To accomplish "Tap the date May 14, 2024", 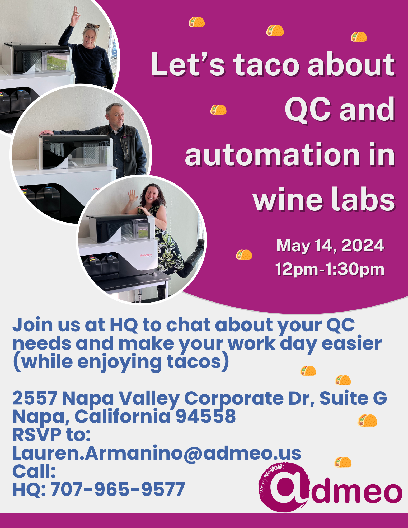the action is point(330,246).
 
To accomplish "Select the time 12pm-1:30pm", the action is point(330,269).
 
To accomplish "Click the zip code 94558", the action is point(205,416).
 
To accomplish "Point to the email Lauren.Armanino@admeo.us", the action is point(157,453).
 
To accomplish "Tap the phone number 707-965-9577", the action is point(118,489).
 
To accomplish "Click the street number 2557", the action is point(35,398).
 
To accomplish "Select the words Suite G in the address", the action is point(353,398).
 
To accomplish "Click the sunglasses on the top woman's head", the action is point(92,26).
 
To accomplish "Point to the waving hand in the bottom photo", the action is point(133,196).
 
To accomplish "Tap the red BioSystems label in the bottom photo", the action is point(146,255).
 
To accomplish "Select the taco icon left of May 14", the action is point(244,254).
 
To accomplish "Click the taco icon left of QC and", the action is point(218,110).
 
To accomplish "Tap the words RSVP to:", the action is point(51,435).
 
